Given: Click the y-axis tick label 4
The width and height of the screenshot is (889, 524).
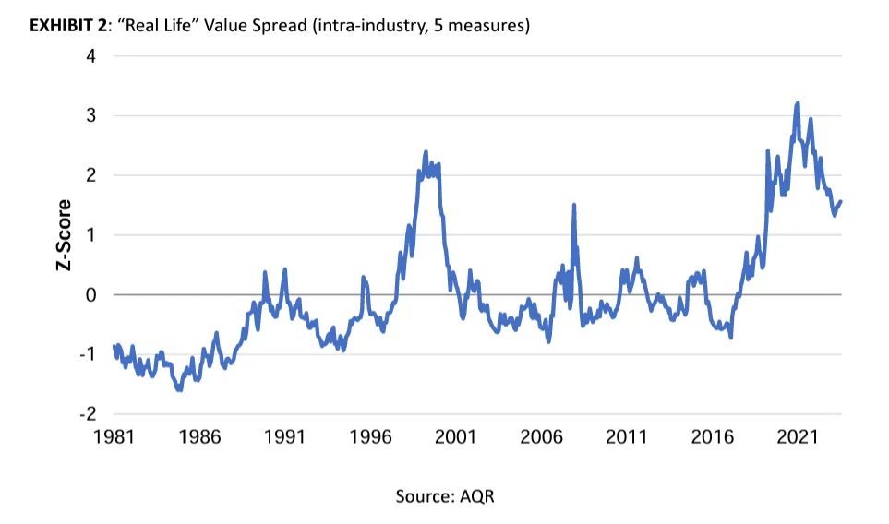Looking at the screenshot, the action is pyautogui.click(x=90, y=56).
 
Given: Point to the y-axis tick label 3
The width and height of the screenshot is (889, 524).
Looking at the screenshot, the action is pyautogui.click(x=90, y=115).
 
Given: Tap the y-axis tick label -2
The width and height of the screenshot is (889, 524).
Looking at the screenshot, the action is pyautogui.click(x=88, y=413).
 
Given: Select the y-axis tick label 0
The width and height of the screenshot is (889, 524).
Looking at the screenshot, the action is pyautogui.click(x=90, y=294).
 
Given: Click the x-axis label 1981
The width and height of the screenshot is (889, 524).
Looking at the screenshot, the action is pyautogui.click(x=114, y=436).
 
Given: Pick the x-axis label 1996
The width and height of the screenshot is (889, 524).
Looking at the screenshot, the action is pyautogui.click(x=370, y=436).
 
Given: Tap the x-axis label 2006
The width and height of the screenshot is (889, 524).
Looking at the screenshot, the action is pyautogui.click(x=542, y=436).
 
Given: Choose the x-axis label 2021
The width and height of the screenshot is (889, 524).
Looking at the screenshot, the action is pyautogui.click(x=798, y=436).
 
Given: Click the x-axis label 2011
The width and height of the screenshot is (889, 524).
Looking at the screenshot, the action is pyautogui.click(x=627, y=436).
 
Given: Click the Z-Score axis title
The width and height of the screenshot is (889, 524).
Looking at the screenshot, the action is pyautogui.click(x=64, y=235).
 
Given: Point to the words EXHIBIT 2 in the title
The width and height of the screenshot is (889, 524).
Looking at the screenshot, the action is pyautogui.click(x=68, y=26).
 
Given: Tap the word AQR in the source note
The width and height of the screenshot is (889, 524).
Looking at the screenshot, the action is pyautogui.click(x=477, y=496).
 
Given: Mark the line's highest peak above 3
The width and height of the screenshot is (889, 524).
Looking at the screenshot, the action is pyautogui.click(x=798, y=103).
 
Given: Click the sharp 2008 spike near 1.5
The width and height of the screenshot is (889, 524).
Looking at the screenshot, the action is pyautogui.click(x=574, y=205).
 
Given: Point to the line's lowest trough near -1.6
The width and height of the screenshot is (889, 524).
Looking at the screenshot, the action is pyautogui.click(x=180, y=389).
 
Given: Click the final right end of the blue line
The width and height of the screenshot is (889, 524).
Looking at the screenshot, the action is pyautogui.click(x=841, y=201).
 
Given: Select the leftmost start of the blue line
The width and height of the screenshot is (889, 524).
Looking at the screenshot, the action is pyautogui.click(x=114, y=346).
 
